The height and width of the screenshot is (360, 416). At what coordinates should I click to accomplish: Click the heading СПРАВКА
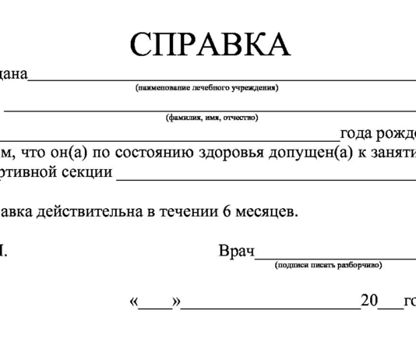click(x=210, y=45)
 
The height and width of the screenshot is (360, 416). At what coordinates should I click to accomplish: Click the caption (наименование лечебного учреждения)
click(x=207, y=87)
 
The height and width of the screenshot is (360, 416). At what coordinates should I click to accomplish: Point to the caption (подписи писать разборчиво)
click(x=328, y=265)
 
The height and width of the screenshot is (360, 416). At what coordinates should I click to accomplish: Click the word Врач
click(x=236, y=252)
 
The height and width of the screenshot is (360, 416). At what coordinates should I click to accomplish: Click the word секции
click(x=86, y=171)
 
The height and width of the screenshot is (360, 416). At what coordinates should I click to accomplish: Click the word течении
click(x=189, y=211)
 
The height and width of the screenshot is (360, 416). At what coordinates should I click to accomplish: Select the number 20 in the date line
click(x=368, y=302)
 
